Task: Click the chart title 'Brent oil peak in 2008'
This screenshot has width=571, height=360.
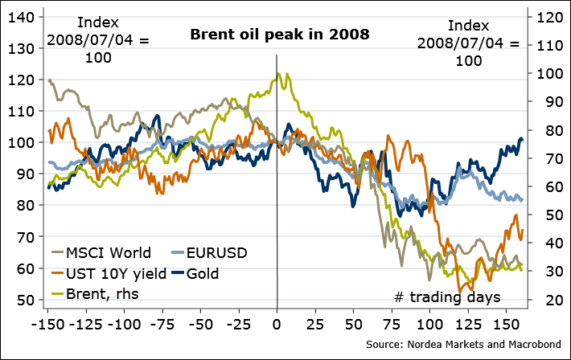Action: [x=279, y=35]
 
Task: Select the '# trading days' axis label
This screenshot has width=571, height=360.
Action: [x=447, y=297]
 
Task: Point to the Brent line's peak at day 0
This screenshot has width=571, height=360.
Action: [x=277, y=73]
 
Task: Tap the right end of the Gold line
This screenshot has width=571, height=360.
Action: [x=523, y=140]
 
